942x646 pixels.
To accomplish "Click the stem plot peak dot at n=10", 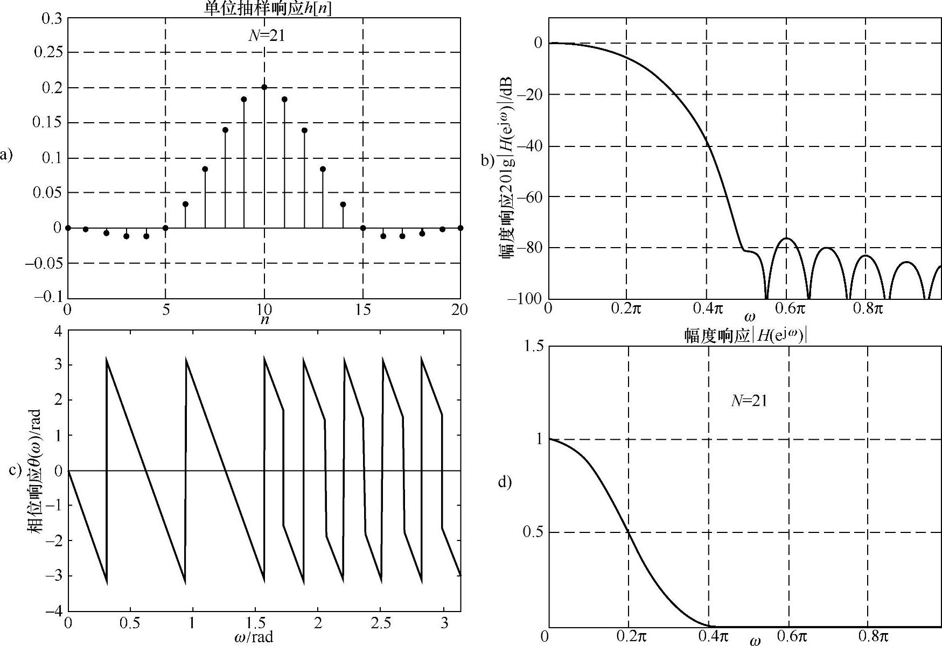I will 264,87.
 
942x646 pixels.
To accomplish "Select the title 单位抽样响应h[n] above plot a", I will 268,9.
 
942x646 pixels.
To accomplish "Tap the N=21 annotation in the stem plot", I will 266,36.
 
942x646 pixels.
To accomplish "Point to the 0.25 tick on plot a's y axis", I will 48,53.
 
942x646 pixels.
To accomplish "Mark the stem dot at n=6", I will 185,204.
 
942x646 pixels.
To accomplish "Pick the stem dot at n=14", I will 343,204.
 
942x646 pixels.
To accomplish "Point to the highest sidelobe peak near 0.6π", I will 787,238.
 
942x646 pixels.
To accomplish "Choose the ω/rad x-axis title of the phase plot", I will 254,637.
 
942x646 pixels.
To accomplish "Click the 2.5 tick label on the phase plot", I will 381,624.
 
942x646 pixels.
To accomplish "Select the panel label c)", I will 16,469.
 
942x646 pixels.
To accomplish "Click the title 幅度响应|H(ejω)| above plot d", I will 745,336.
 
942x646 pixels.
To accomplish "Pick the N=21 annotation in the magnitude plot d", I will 749,401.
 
